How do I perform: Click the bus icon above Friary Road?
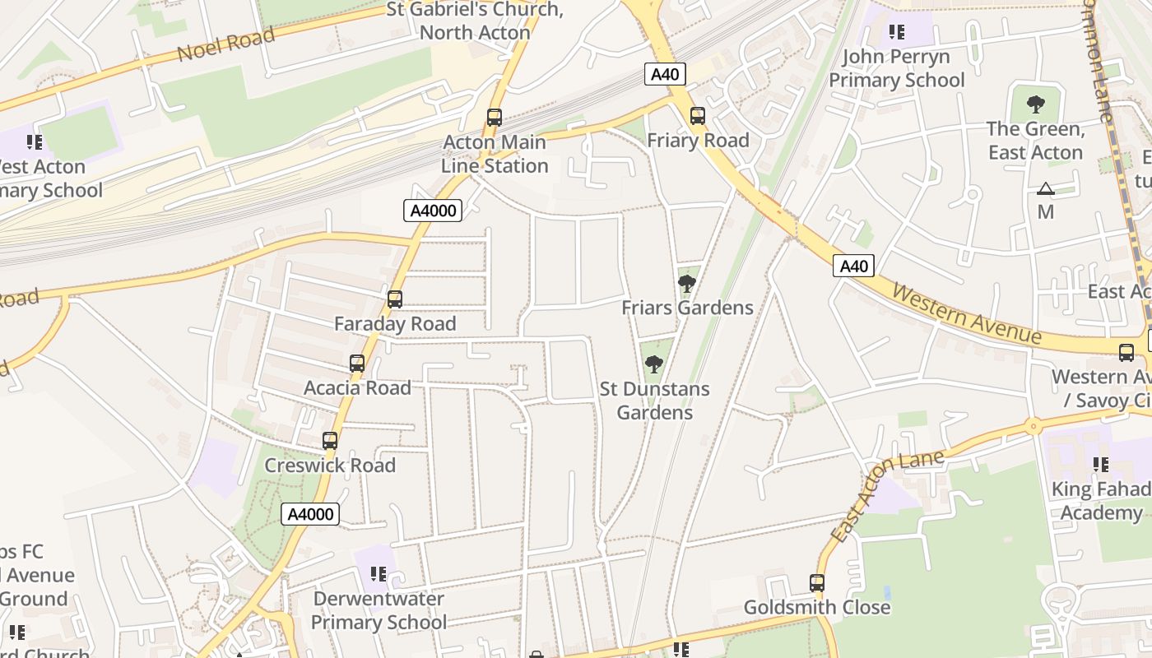pyautogui.click(x=698, y=116)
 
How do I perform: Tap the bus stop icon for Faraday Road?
pyautogui.click(x=395, y=299)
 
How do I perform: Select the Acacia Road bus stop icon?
pyautogui.click(x=357, y=364)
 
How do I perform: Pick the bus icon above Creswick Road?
pyautogui.click(x=330, y=441)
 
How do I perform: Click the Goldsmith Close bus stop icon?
pyautogui.click(x=816, y=583)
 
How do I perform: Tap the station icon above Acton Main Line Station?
pyautogui.click(x=494, y=118)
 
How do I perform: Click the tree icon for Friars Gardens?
pyautogui.click(x=686, y=284)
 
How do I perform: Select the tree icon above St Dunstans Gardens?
pyautogui.click(x=653, y=364)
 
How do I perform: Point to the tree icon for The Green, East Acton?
pyautogui.click(x=1035, y=104)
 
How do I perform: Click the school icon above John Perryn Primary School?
pyautogui.click(x=896, y=32)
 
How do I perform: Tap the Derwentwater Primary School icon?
pyautogui.click(x=379, y=574)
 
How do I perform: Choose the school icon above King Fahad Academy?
pyautogui.click(x=1100, y=465)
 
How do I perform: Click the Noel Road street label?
pyautogui.click(x=225, y=45)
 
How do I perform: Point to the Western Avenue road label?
pyautogui.click(x=966, y=314)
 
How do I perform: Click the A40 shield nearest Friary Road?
pyautogui.click(x=664, y=75)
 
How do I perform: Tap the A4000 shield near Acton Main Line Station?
pyautogui.click(x=434, y=211)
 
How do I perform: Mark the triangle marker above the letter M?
pyautogui.click(x=1045, y=188)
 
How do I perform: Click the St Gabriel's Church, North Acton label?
pyautogui.click(x=475, y=21)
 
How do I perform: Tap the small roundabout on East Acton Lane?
pyautogui.click(x=1032, y=426)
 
